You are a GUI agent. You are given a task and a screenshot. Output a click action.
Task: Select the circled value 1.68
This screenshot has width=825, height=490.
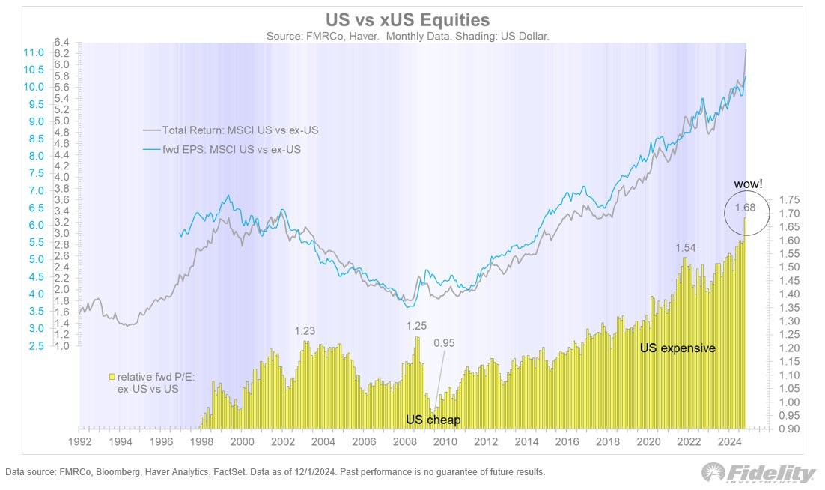click(745, 208)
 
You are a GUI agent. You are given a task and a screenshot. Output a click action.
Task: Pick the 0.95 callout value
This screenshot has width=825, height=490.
click(444, 343)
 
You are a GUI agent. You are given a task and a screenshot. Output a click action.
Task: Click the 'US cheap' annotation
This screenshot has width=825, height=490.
click(433, 420)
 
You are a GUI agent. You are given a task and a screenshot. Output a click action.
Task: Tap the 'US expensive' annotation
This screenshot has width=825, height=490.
click(678, 348)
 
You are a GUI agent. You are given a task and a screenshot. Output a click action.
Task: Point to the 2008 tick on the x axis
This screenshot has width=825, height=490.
click(404, 441)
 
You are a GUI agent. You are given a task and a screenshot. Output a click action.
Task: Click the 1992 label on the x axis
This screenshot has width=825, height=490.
click(79, 441)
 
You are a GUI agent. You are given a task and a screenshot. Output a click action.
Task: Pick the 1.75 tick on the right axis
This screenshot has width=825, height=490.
click(791, 199)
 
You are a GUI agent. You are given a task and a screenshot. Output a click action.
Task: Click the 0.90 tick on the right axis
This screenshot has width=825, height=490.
click(791, 429)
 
